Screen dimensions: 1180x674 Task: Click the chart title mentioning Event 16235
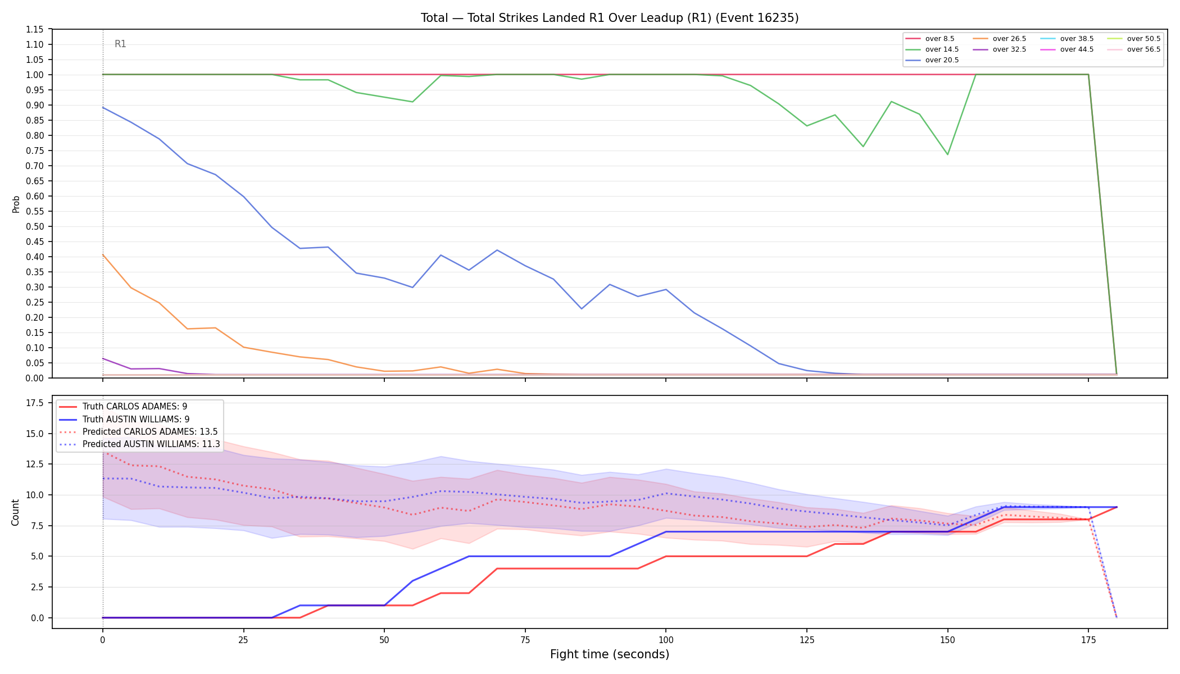pos(610,18)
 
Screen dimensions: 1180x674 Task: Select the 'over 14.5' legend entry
pos(932,49)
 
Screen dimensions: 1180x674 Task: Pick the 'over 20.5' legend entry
pos(932,60)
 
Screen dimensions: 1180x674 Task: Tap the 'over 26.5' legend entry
pos(1000,39)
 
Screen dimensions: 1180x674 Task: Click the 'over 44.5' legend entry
pos(1067,49)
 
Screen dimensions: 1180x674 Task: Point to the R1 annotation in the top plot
pos(120,44)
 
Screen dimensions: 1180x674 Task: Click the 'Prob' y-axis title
pos(16,204)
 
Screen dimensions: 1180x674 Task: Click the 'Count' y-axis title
pos(15,512)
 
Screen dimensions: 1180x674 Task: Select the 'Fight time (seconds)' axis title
pos(610,654)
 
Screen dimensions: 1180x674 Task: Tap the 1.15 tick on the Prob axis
pos(35,29)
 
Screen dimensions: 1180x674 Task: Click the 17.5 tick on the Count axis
pos(35,403)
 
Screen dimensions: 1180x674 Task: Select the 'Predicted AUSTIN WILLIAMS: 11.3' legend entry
pos(139,444)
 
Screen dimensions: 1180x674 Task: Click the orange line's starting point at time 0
pos(103,254)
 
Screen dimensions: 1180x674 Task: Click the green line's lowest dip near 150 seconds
pos(947,154)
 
